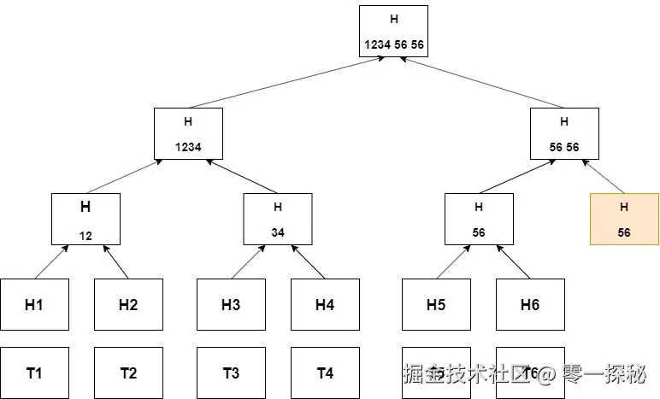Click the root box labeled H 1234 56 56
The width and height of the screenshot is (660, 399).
393,31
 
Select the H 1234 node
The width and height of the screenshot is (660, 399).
188,133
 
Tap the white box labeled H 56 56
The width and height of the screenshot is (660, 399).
563,133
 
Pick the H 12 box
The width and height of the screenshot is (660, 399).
85,219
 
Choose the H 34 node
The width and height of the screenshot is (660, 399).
278,219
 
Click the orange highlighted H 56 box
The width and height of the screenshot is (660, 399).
624,219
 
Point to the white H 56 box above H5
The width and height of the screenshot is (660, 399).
479,219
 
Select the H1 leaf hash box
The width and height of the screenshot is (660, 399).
34,304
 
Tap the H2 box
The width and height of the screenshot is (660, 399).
128,304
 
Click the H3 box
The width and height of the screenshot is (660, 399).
231,304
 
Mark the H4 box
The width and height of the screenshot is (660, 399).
325,304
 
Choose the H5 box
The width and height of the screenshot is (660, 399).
436,304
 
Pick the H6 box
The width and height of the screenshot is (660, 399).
530,304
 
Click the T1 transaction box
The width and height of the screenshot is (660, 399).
34,373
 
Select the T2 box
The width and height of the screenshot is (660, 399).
128,373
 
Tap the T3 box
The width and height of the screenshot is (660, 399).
231,373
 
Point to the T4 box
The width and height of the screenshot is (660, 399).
325,373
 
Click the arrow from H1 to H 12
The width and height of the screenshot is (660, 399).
51,261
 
